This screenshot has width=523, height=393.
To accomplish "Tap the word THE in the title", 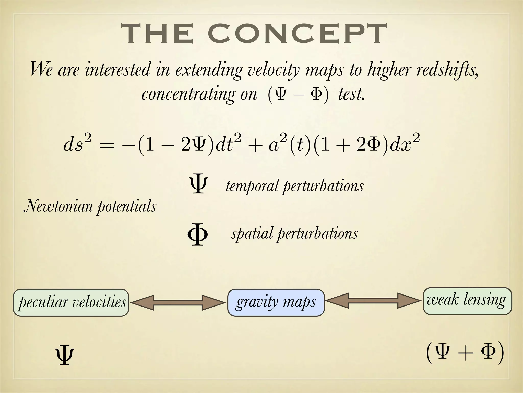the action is tap(157, 34).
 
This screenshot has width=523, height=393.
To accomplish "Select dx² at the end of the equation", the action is tap(405, 144).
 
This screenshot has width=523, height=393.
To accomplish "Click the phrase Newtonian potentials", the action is tap(90, 206).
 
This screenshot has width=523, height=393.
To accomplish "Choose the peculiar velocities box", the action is tap(71, 302).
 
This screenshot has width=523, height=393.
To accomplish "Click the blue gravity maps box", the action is tap(276, 302).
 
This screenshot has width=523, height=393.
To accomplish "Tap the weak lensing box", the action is tap(467, 301).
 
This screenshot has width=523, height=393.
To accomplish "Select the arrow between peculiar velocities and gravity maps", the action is tap(178, 303).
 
